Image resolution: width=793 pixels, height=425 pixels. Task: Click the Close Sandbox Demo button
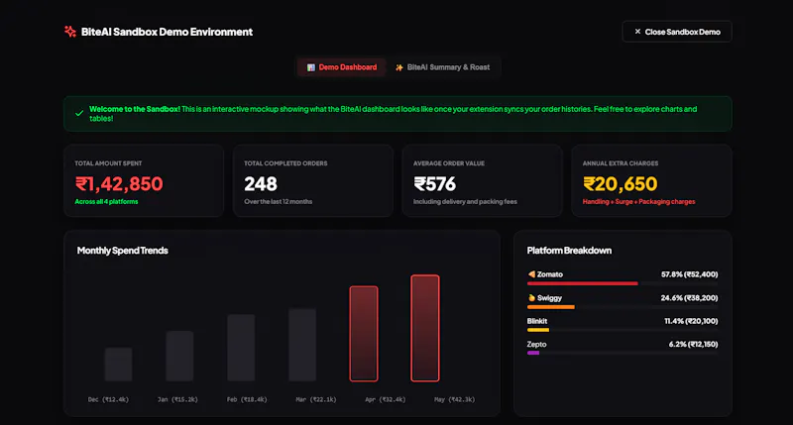click(677, 32)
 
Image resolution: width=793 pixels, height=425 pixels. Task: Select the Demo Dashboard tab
click(342, 67)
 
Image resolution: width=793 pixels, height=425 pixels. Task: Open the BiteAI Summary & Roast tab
click(442, 67)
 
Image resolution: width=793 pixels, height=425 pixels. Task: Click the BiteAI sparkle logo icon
click(69, 32)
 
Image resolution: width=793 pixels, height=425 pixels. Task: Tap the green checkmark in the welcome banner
click(79, 114)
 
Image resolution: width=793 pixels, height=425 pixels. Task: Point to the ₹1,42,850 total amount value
click(119, 184)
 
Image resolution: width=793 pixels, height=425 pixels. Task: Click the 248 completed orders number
click(261, 184)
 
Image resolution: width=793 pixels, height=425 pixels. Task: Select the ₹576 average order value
click(434, 184)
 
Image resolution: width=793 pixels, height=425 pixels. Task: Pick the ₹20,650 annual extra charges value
click(621, 184)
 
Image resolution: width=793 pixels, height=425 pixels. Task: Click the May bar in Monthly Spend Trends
click(425, 328)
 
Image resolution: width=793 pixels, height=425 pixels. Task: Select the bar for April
click(364, 334)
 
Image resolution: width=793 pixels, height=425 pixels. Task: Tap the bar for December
click(118, 365)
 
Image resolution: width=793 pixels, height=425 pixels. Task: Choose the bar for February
click(241, 348)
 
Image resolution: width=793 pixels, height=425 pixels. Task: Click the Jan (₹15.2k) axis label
click(177, 399)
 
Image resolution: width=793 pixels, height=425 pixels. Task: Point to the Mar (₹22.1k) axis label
click(316, 399)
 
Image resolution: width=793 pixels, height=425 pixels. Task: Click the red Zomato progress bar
click(582, 283)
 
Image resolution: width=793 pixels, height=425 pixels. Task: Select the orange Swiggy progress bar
click(551, 307)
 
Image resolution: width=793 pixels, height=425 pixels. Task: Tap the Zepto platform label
click(536, 344)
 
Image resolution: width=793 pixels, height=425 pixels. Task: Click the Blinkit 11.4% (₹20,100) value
click(691, 321)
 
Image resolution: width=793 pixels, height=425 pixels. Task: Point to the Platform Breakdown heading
click(569, 251)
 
